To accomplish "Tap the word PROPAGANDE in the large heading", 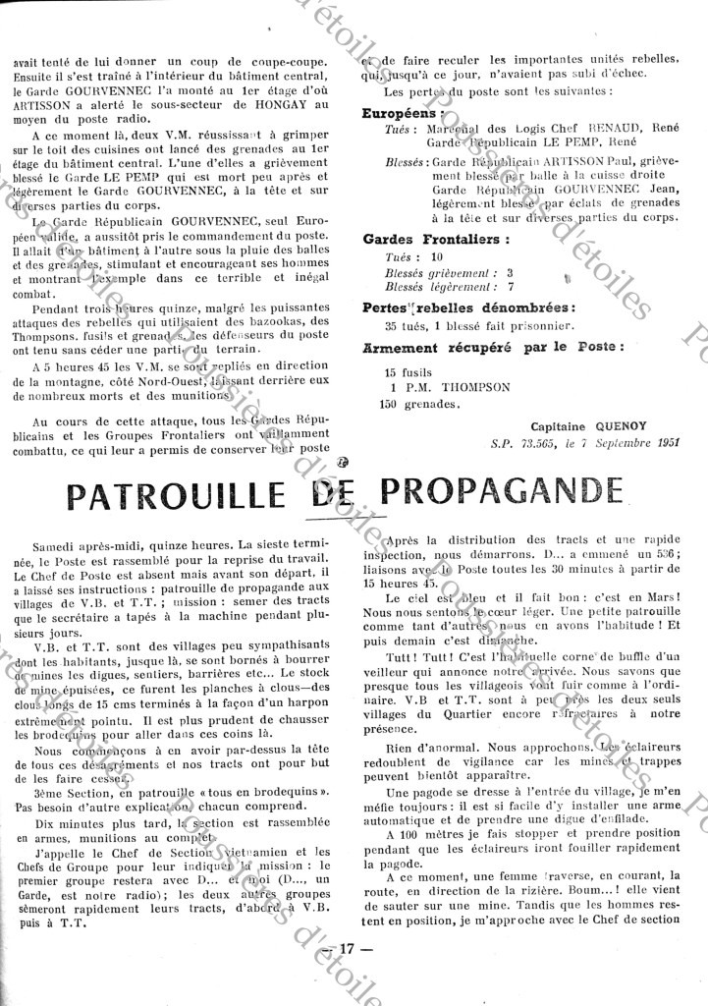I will [501, 491].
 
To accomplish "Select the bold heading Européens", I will [401, 114].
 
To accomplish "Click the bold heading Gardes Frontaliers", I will [436, 239].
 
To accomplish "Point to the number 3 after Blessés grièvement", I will [510, 271].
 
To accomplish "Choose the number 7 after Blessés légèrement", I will [510, 286].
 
